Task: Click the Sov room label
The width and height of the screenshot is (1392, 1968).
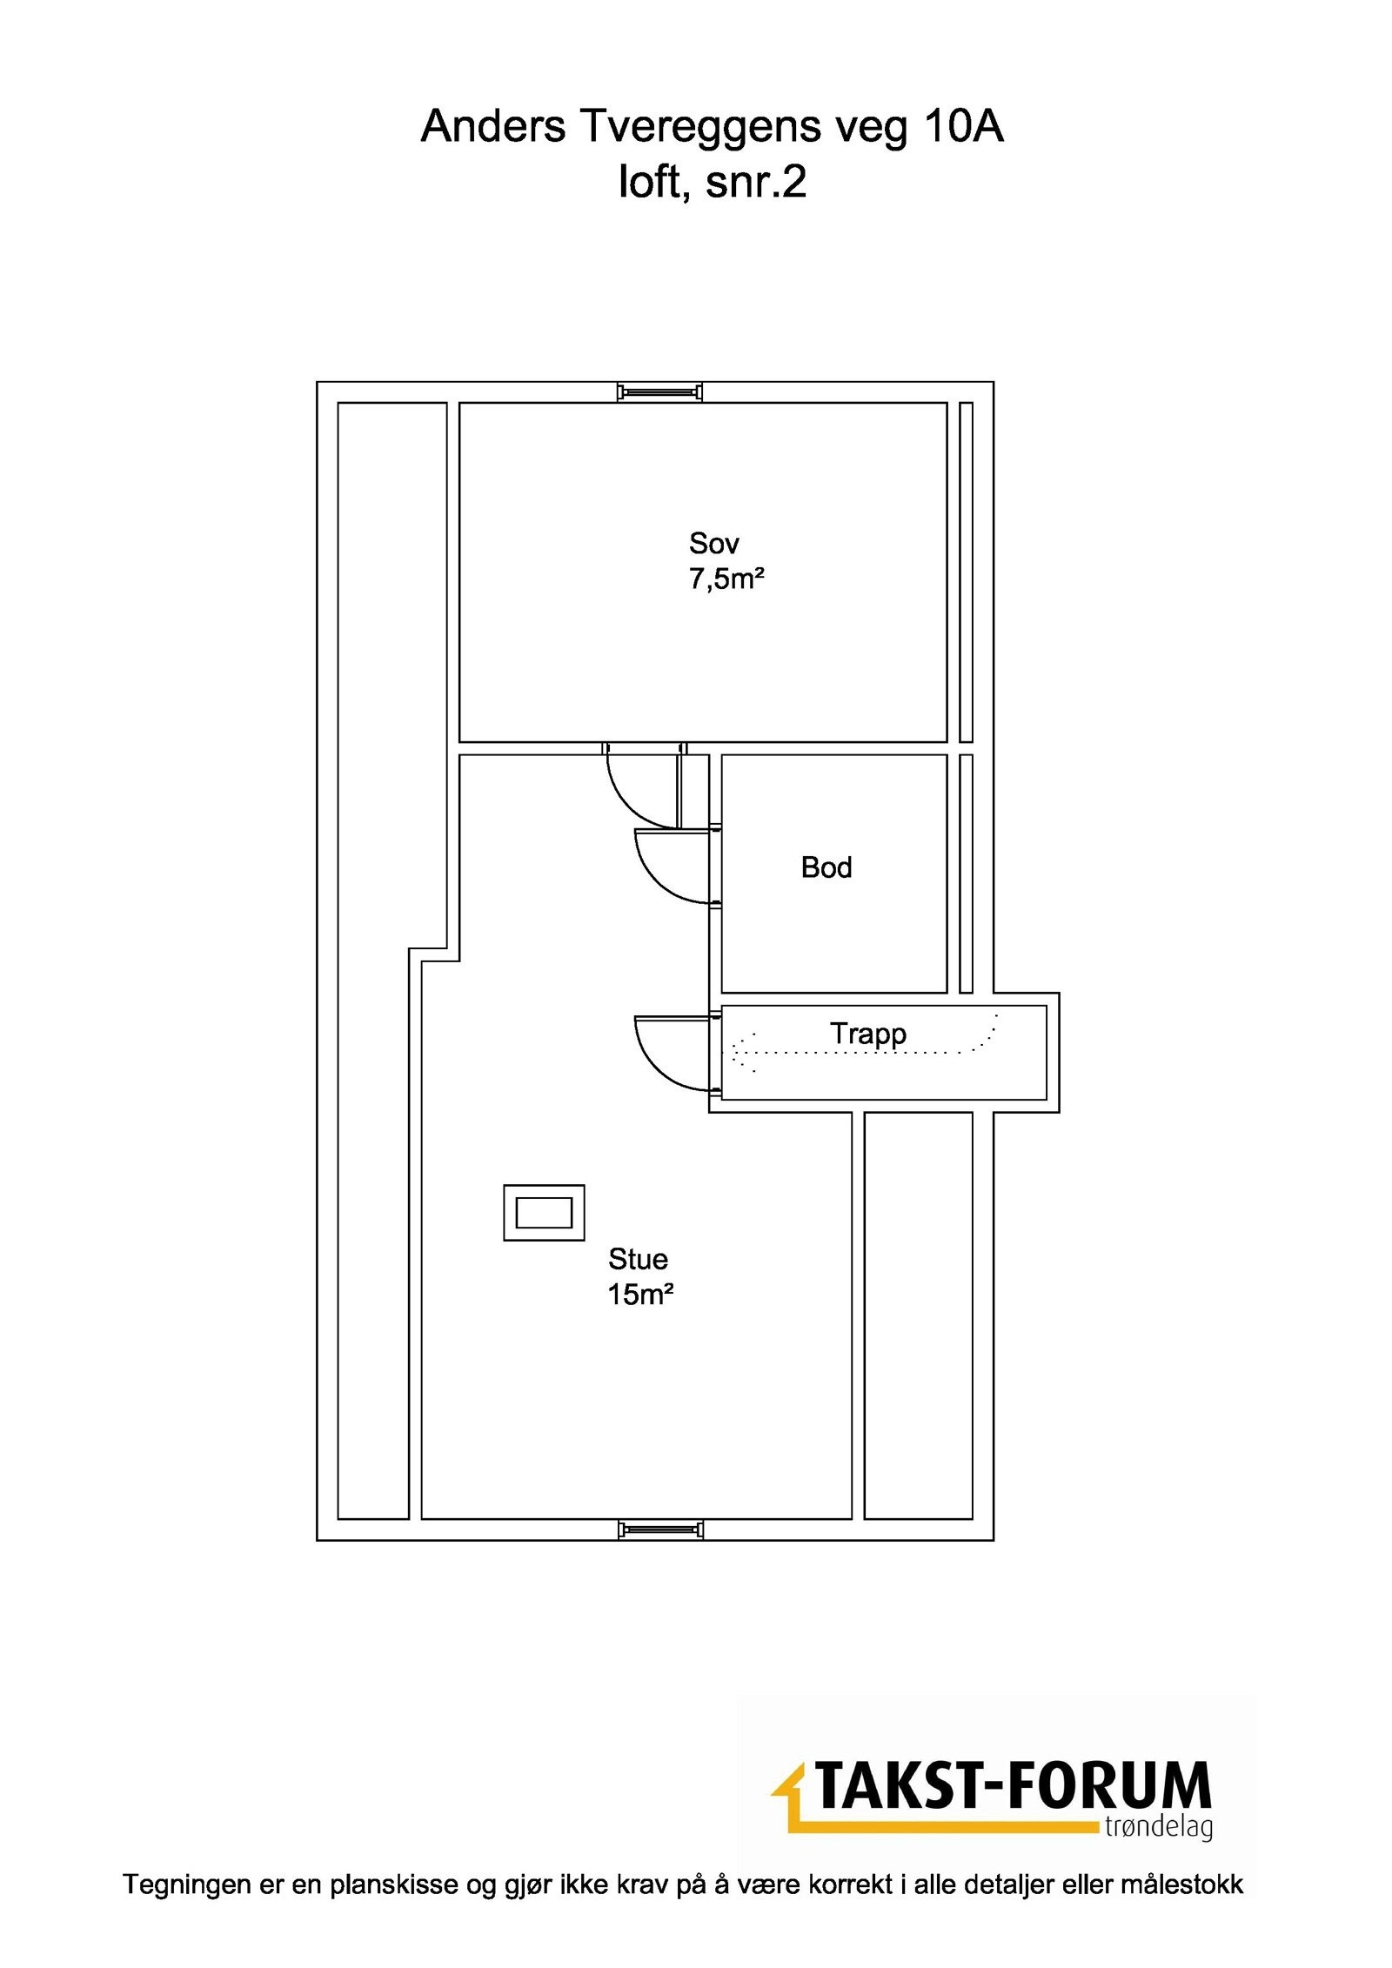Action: click(x=713, y=544)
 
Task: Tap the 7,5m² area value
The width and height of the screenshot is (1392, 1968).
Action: click(x=726, y=579)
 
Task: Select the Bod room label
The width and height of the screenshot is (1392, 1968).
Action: click(x=826, y=867)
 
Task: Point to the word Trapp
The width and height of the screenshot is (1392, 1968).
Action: click(x=867, y=1034)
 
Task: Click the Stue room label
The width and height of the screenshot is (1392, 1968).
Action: click(x=638, y=1259)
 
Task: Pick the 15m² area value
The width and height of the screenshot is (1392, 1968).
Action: click(x=640, y=1295)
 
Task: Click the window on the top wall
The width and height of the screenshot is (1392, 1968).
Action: click(x=659, y=392)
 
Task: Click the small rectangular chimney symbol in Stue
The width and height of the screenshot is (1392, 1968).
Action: click(x=544, y=1212)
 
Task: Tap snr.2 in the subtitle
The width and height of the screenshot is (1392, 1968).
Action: click(x=756, y=183)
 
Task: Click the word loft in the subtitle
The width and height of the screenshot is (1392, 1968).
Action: click(x=648, y=183)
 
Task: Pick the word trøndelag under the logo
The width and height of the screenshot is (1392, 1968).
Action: click(x=1158, y=1826)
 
